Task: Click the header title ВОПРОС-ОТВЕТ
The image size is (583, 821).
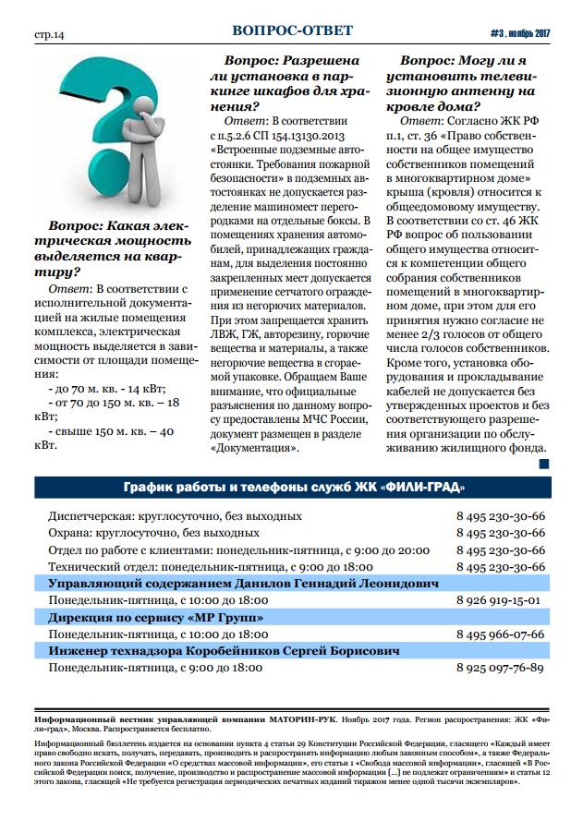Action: [x=292, y=30]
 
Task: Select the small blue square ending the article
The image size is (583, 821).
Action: [x=543, y=464]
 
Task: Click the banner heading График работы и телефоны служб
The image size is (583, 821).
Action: [x=292, y=488]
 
